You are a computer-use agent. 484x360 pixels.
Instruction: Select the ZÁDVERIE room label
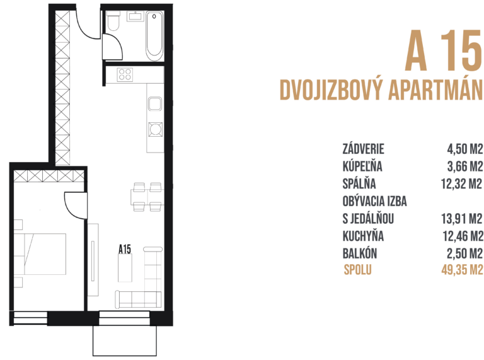tap(363, 150)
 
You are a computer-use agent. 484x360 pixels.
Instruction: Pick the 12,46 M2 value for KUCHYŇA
tap(461, 237)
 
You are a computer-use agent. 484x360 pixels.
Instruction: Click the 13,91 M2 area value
tap(461, 219)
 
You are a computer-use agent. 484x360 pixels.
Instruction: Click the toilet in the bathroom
tap(113, 23)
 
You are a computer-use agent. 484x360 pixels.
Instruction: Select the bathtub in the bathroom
tap(154, 34)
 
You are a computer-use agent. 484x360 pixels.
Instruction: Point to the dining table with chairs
tap(146, 196)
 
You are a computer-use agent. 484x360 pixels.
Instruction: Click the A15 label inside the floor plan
tap(125, 249)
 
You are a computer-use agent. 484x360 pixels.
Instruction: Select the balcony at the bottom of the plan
tap(124, 340)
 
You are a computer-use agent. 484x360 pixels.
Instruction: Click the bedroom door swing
tap(74, 203)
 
